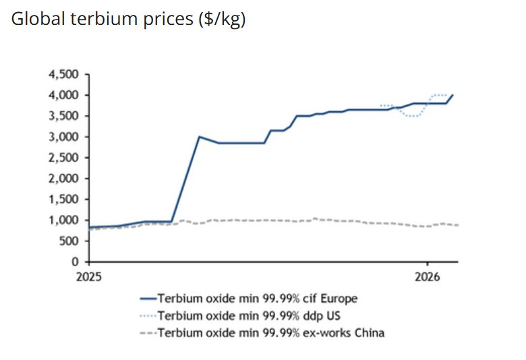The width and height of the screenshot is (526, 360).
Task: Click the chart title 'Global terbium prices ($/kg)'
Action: pyautogui.click(x=129, y=20)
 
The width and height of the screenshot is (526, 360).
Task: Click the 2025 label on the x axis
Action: pyautogui.click(x=89, y=276)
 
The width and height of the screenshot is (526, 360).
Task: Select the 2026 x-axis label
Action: pyautogui.click(x=428, y=276)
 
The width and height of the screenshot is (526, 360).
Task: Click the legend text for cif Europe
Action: pyautogui.click(x=257, y=298)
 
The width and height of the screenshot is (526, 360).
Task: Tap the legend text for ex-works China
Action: pyautogui.click(x=270, y=332)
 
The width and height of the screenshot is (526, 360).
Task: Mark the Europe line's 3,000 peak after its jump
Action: pyautogui.click(x=198, y=137)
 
